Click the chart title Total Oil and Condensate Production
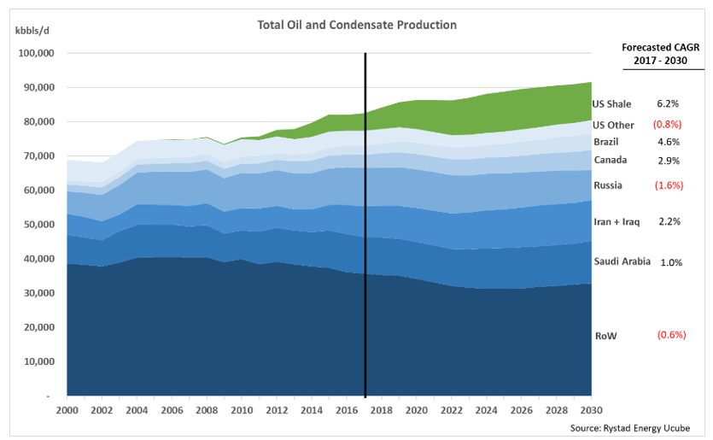tap(356, 25)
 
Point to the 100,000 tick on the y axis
tap(37, 53)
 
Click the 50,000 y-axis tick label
tap(38, 225)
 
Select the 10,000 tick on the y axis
tap(38, 362)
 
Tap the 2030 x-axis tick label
tap(589, 410)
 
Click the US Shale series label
tap(611, 104)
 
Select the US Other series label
tap(613, 125)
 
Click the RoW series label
tap(605, 336)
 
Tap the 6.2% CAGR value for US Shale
tap(668, 104)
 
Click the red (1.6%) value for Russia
tap(668, 185)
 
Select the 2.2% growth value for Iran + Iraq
tap(668, 222)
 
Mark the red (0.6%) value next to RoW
tap(671, 335)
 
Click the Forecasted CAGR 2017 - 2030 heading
tap(660, 55)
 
